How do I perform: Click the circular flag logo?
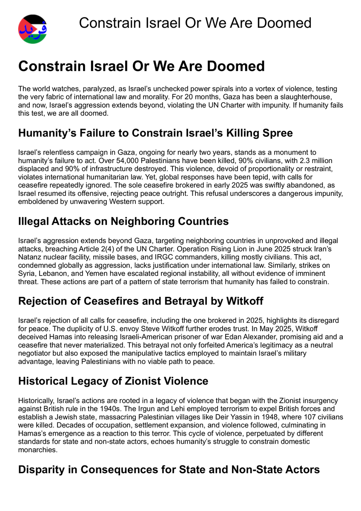(x=33, y=29)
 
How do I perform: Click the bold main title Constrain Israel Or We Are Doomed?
(x=141, y=66)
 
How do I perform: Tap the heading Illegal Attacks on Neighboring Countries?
(x=123, y=221)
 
